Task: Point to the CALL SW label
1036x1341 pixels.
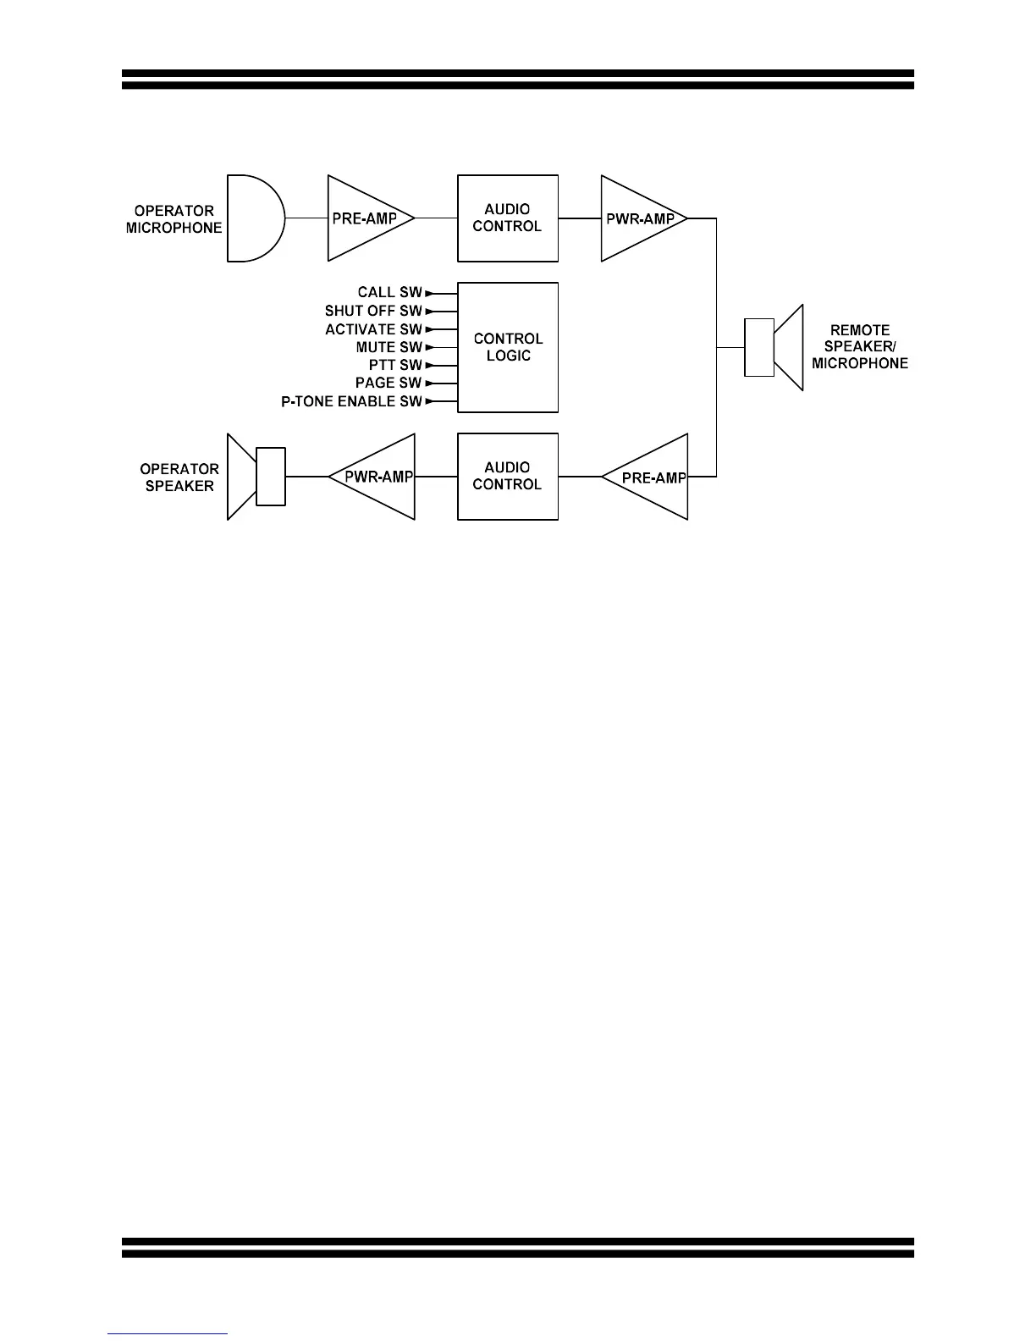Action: (389, 292)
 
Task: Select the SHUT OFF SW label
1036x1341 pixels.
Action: (373, 311)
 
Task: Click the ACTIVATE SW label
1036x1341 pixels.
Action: (373, 329)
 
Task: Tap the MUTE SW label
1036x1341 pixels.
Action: (388, 347)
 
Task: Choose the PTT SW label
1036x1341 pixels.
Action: (395, 365)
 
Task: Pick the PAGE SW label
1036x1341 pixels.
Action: (388, 383)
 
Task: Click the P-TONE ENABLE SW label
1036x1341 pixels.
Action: (351, 401)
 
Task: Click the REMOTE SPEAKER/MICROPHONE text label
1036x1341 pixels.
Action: (860, 347)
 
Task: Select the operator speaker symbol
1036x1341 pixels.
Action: (256, 477)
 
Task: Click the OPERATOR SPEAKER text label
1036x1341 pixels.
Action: (179, 477)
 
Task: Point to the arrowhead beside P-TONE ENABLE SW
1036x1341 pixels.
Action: (429, 401)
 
